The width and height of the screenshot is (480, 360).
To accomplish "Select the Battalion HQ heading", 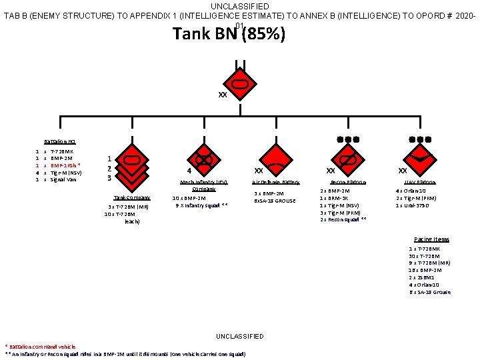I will click(60, 142).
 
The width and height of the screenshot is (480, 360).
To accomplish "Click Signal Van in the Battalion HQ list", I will click(64, 179).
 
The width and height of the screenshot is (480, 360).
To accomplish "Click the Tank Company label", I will click(131, 198).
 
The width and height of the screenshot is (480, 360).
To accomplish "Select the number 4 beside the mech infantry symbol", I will click(189, 171).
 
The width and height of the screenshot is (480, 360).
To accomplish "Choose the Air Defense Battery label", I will click(275, 182).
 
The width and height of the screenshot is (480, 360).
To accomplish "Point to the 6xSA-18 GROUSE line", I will click(275, 200).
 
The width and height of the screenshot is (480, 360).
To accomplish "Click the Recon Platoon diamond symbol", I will click(347, 159).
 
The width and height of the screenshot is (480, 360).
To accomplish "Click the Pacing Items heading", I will click(431, 239).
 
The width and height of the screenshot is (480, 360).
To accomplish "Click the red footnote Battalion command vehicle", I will click(41, 347).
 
